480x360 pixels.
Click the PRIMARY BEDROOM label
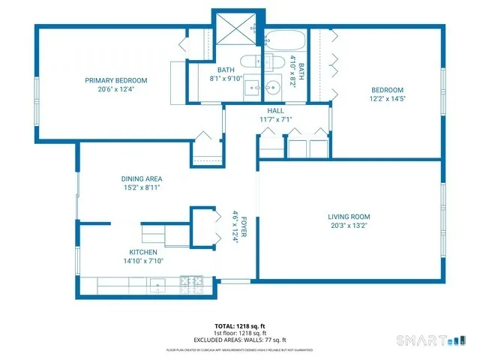pyautogui.click(x=115, y=80)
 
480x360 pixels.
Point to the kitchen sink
pyautogui.click(x=158, y=285)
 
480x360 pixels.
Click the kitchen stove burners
pyautogui.click(x=188, y=285)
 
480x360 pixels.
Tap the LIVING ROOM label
pyautogui.click(x=349, y=217)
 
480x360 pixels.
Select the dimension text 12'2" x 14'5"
pyautogui.click(x=386, y=98)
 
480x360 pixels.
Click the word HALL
pyautogui.click(x=275, y=110)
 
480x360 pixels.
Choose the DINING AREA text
pyautogui.click(x=142, y=178)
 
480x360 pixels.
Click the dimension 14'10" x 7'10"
pyautogui.click(x=142, y=261)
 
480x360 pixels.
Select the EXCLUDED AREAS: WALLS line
pyautogui.click(x=239, y=340)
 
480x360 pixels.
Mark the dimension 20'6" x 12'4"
pyautogui.click(x=115, y=88)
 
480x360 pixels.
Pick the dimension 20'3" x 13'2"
pyautogui.click(x=349, y=225)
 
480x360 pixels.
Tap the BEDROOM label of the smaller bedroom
pyautogui.click(x=386, y=90)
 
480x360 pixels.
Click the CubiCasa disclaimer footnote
pyautogui.click(x=239, y=350)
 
